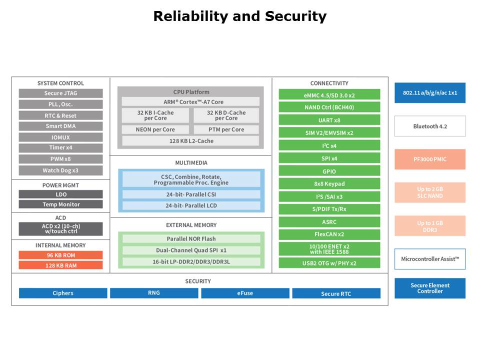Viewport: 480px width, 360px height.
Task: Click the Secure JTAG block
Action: point(60,93)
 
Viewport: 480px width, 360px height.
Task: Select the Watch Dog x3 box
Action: point(60,170)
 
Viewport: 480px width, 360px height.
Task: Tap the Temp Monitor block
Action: point(60,204)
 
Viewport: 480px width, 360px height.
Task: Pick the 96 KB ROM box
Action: point(60,255)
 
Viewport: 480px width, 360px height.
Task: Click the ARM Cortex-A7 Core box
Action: point(190,102)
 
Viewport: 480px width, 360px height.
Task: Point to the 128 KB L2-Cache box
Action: point(190,141)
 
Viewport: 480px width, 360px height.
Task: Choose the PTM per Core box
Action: point(226,129)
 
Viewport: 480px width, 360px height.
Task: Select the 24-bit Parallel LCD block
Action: point(191,205)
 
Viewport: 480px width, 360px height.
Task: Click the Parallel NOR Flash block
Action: point(191,239)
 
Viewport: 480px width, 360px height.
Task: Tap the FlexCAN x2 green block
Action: point(329,234)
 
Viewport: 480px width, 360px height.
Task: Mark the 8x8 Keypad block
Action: point(329,183)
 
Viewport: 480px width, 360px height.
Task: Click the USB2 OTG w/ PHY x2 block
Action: point(329,263)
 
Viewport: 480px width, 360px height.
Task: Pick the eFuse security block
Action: point(245,293)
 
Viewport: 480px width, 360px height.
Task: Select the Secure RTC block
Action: point(336,293)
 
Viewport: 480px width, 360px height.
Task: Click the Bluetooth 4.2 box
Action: point(430,126)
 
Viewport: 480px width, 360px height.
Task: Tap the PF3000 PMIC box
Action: point(430,159)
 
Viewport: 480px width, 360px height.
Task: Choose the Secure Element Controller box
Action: point(430,288)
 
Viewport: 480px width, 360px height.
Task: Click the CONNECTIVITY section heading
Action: point(329,83)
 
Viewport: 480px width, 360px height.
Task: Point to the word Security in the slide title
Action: point(295,16)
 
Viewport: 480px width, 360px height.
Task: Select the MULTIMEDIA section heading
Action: point(191,163)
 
